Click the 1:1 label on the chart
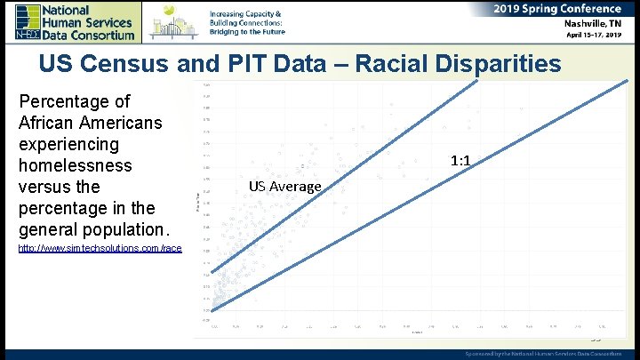tap(460, 162)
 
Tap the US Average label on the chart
tap(284, 186)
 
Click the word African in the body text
tap(52, 123)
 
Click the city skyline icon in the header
tap(174, 20)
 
